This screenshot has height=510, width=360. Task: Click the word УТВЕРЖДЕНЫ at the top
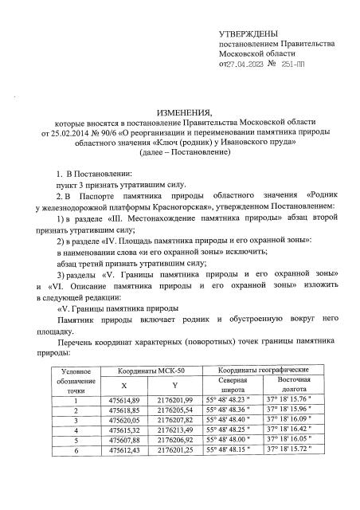(x=248, y=34)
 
